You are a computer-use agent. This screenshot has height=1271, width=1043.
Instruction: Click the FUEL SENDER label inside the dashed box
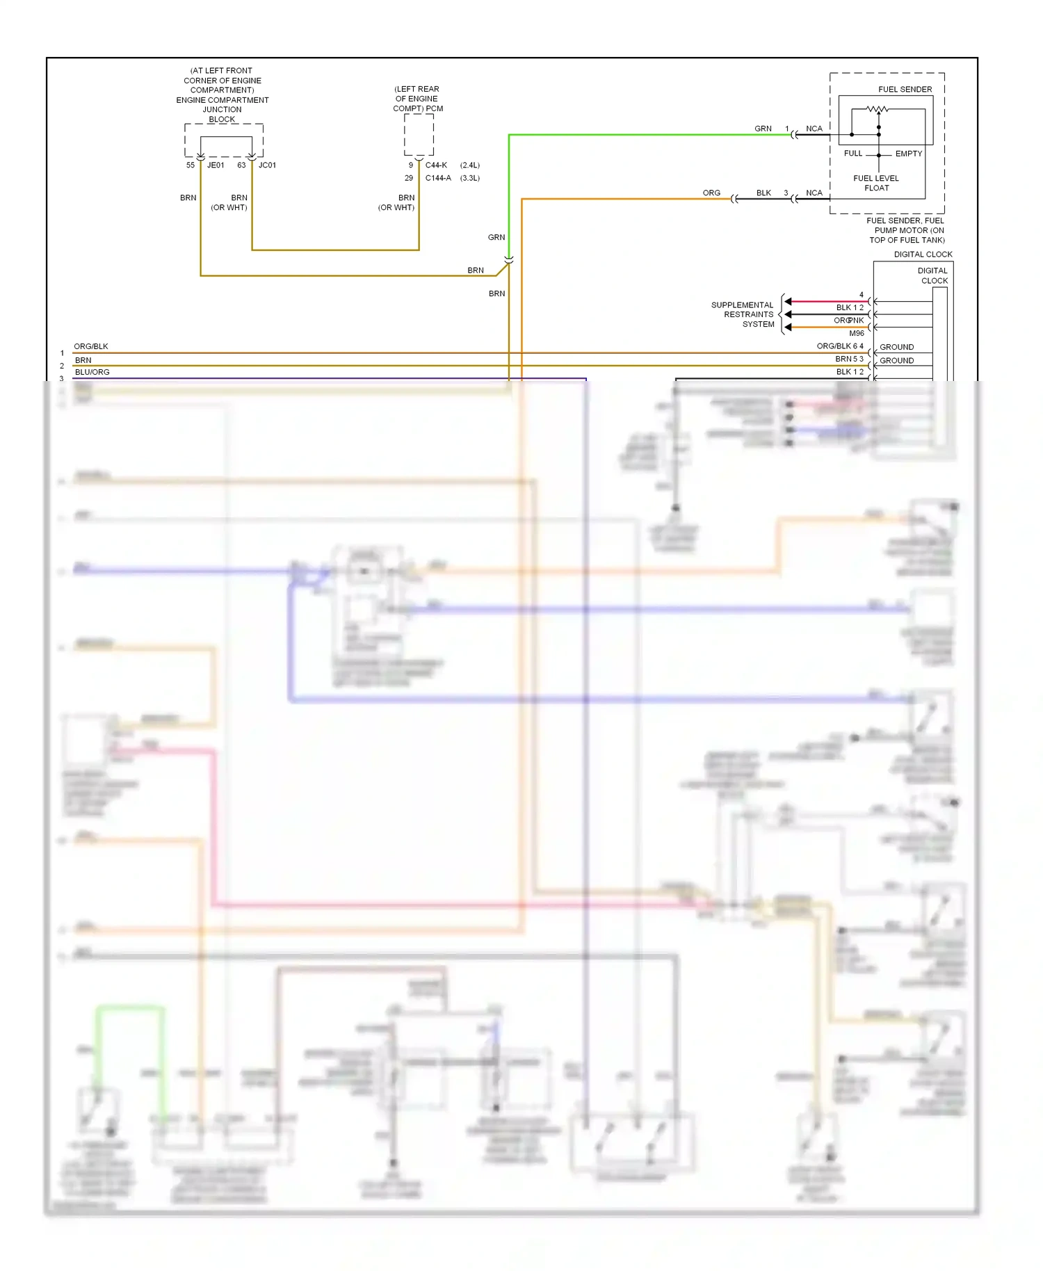point(904,89)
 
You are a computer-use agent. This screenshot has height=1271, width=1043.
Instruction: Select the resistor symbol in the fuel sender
point(878,109)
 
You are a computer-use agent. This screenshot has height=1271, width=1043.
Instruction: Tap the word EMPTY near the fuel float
point(908,154)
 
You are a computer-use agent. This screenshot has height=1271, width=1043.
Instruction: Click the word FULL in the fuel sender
point(852,153)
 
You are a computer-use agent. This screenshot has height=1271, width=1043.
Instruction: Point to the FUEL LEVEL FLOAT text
point(875,183)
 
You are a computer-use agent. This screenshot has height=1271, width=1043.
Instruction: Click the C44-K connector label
point(436,165)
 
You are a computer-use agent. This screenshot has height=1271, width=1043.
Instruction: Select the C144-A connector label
point(437,178)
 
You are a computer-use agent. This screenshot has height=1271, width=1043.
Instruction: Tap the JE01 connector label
point(216,165)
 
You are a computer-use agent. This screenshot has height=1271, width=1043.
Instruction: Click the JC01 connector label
point(267,165)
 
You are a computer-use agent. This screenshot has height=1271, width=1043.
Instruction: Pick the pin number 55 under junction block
point(190,165)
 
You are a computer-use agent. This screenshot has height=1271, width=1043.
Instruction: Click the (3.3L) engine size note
point(469,178)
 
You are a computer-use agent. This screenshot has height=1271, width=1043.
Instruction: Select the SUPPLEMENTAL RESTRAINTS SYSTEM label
point(742,314)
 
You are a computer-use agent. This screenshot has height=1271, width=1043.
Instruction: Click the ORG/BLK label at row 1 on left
point(90,346)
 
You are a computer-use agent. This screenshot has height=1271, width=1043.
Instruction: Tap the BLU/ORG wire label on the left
point(92,372)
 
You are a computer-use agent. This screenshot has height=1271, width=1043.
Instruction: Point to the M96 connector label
point(856,333)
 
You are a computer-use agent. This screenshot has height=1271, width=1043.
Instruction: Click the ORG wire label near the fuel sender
point(711,193)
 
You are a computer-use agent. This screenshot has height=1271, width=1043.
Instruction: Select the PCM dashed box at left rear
point(419,135)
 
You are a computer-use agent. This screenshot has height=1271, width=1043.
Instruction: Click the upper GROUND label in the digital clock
point(896,347)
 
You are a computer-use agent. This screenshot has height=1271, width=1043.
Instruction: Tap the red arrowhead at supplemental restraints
point(788,302)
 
